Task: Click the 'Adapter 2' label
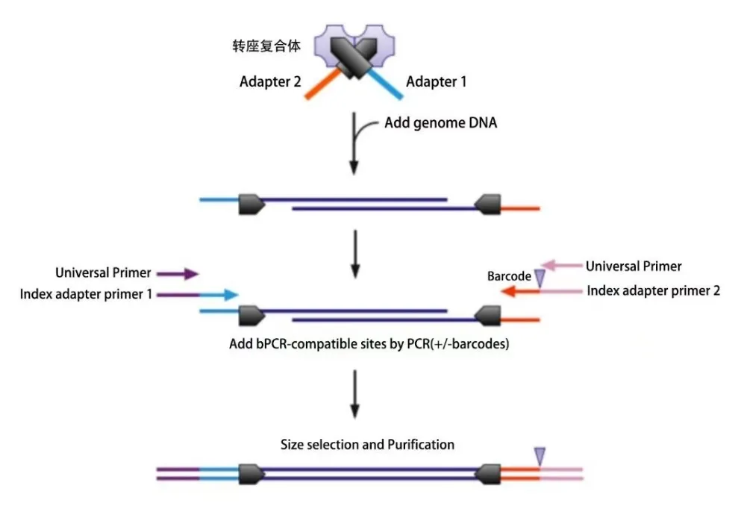click(270, 81)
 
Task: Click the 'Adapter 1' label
click(436, 81)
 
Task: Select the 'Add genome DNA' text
click(440, 122)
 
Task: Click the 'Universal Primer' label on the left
click(103, 273)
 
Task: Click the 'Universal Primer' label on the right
click(634, 266)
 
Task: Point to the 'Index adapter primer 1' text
click(86, 294)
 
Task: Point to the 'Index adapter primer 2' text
click(653, 290)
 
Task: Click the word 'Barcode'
click(509, 276)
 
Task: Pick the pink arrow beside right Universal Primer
click(560, 265)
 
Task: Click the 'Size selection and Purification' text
click(367, 444)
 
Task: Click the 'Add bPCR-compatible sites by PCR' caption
click(369, 345)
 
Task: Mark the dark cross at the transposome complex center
click(354, 57)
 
